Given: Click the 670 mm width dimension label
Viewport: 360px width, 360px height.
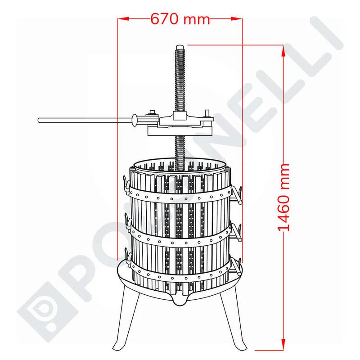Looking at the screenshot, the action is [180, 18].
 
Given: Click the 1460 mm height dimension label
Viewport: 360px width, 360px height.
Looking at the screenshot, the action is [283, 198].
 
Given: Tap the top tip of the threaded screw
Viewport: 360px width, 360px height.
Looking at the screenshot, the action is [180, 46].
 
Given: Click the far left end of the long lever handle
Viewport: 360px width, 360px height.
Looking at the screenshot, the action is [39, 120].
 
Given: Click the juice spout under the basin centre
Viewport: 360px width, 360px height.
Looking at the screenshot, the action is [180, 300].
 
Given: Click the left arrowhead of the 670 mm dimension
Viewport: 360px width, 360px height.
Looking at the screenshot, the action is [123, 19].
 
